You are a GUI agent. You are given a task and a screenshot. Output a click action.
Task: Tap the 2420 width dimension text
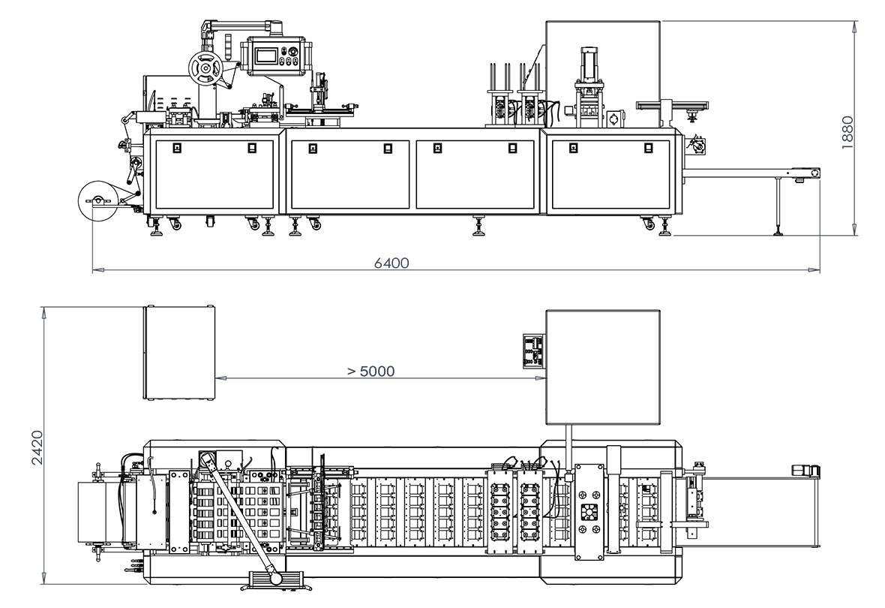tap(37, 447)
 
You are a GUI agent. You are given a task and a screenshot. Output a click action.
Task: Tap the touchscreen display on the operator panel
tap(266, 56)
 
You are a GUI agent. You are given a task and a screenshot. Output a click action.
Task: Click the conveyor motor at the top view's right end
tap(805, 471)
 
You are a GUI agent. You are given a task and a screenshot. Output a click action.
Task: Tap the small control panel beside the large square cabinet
tap(533, 351)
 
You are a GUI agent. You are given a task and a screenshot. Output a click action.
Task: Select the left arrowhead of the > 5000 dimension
tap(218, 378)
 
